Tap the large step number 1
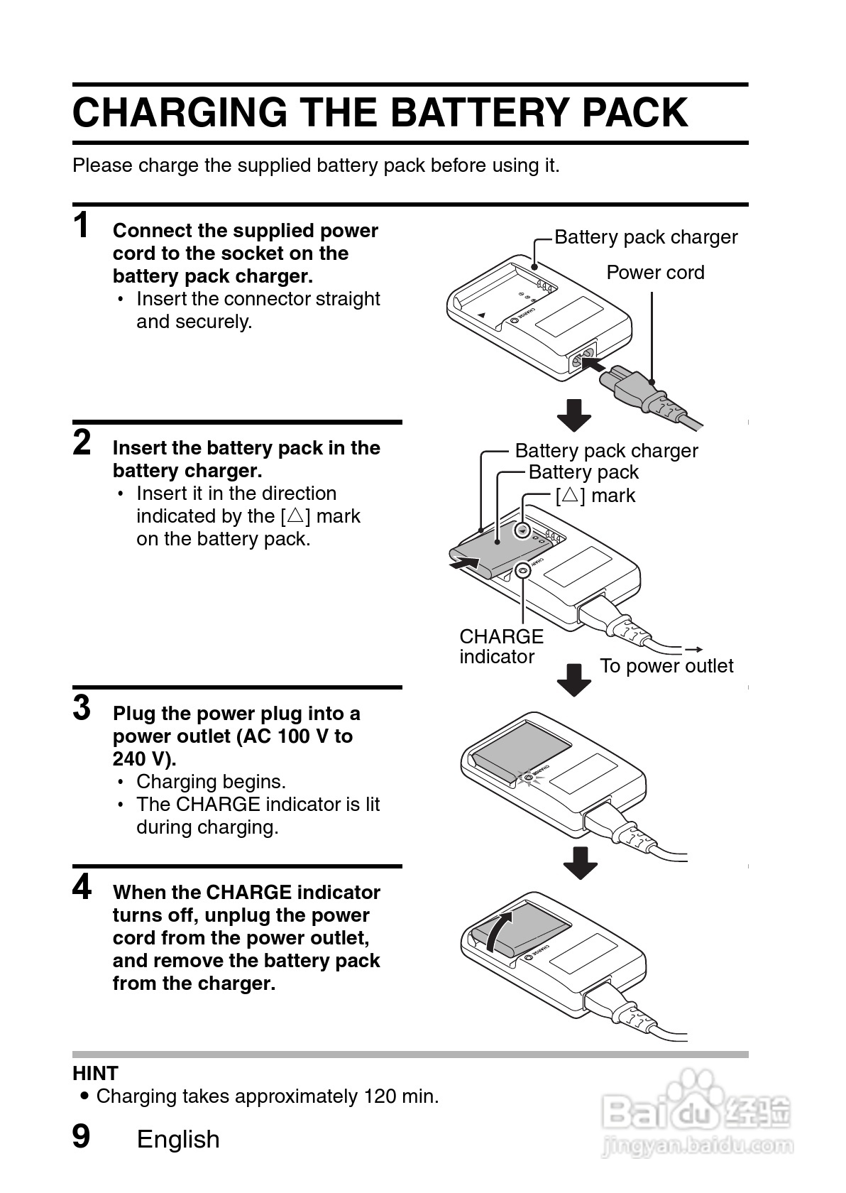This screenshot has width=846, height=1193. point(82,226)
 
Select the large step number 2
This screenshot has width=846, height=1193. point(82,442)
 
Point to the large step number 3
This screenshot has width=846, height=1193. point(82,708)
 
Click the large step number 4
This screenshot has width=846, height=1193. point(82,887)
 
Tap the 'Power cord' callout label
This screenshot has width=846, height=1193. point(655,273)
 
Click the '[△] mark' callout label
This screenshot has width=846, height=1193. point(595,495)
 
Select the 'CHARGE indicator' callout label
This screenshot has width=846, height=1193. point(500,646)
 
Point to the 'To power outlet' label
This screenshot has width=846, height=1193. point(666,666)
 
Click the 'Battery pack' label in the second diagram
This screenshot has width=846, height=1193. point(583,472)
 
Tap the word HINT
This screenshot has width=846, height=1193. point(95,1073)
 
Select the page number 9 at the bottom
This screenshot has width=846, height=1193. point(82,1136)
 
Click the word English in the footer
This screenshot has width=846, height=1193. point(178,1139)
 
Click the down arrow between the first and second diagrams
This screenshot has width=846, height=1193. point(574,415)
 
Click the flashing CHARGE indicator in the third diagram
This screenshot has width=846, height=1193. point(526,778)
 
